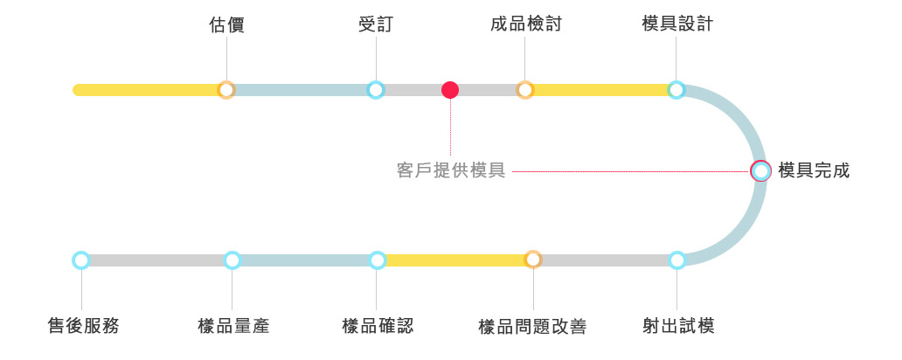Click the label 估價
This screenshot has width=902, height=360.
click(227, 24)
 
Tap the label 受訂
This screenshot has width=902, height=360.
click(376, 24)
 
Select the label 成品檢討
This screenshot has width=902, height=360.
click(525, 24)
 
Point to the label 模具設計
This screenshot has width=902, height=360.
click(676, 24)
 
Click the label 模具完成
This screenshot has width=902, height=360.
click(813, 170)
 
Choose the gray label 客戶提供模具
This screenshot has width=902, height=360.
click(451, 171)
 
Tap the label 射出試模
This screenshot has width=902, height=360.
click(677, 327)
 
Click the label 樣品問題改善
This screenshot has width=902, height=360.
click(532, 327)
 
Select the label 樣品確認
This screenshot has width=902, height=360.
click(377, 327)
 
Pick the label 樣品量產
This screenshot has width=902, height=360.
click(233, 327)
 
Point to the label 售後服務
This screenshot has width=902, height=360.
click(82, 327)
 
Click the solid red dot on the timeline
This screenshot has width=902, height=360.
click(450, 89)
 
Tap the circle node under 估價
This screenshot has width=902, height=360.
click(226, 89)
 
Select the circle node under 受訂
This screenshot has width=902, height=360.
click(376, 89)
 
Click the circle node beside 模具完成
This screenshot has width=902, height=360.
click(761, 170)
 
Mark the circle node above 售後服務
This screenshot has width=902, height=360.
click(81, 260)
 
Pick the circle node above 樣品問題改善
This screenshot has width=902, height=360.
click(533, 260)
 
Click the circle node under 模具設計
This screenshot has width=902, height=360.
click(676, 89)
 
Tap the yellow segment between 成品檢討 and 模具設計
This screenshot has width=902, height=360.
click(600, 89)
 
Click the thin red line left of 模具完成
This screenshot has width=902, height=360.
click(629, 171)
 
